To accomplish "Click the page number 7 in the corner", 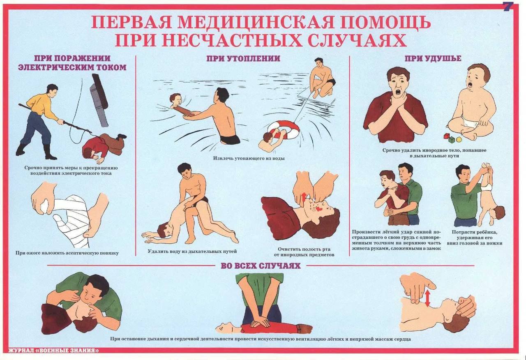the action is [x=508, y=7].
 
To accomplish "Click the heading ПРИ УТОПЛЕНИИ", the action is [x=243, y=58].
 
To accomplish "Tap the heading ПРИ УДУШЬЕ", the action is [x=433, y=58].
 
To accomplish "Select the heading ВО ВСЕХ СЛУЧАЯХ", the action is [x=261, y=266].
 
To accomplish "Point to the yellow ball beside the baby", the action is [x=459, y=140].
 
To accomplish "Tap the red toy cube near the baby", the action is [x=446, y=136].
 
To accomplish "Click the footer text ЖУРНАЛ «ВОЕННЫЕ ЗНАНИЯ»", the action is [x=53, y=351].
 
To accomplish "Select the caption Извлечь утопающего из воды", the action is [x=249, y=158].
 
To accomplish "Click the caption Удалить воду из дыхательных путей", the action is [x=192, y=251].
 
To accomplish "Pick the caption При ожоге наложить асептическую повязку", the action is [x=67, y=253].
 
